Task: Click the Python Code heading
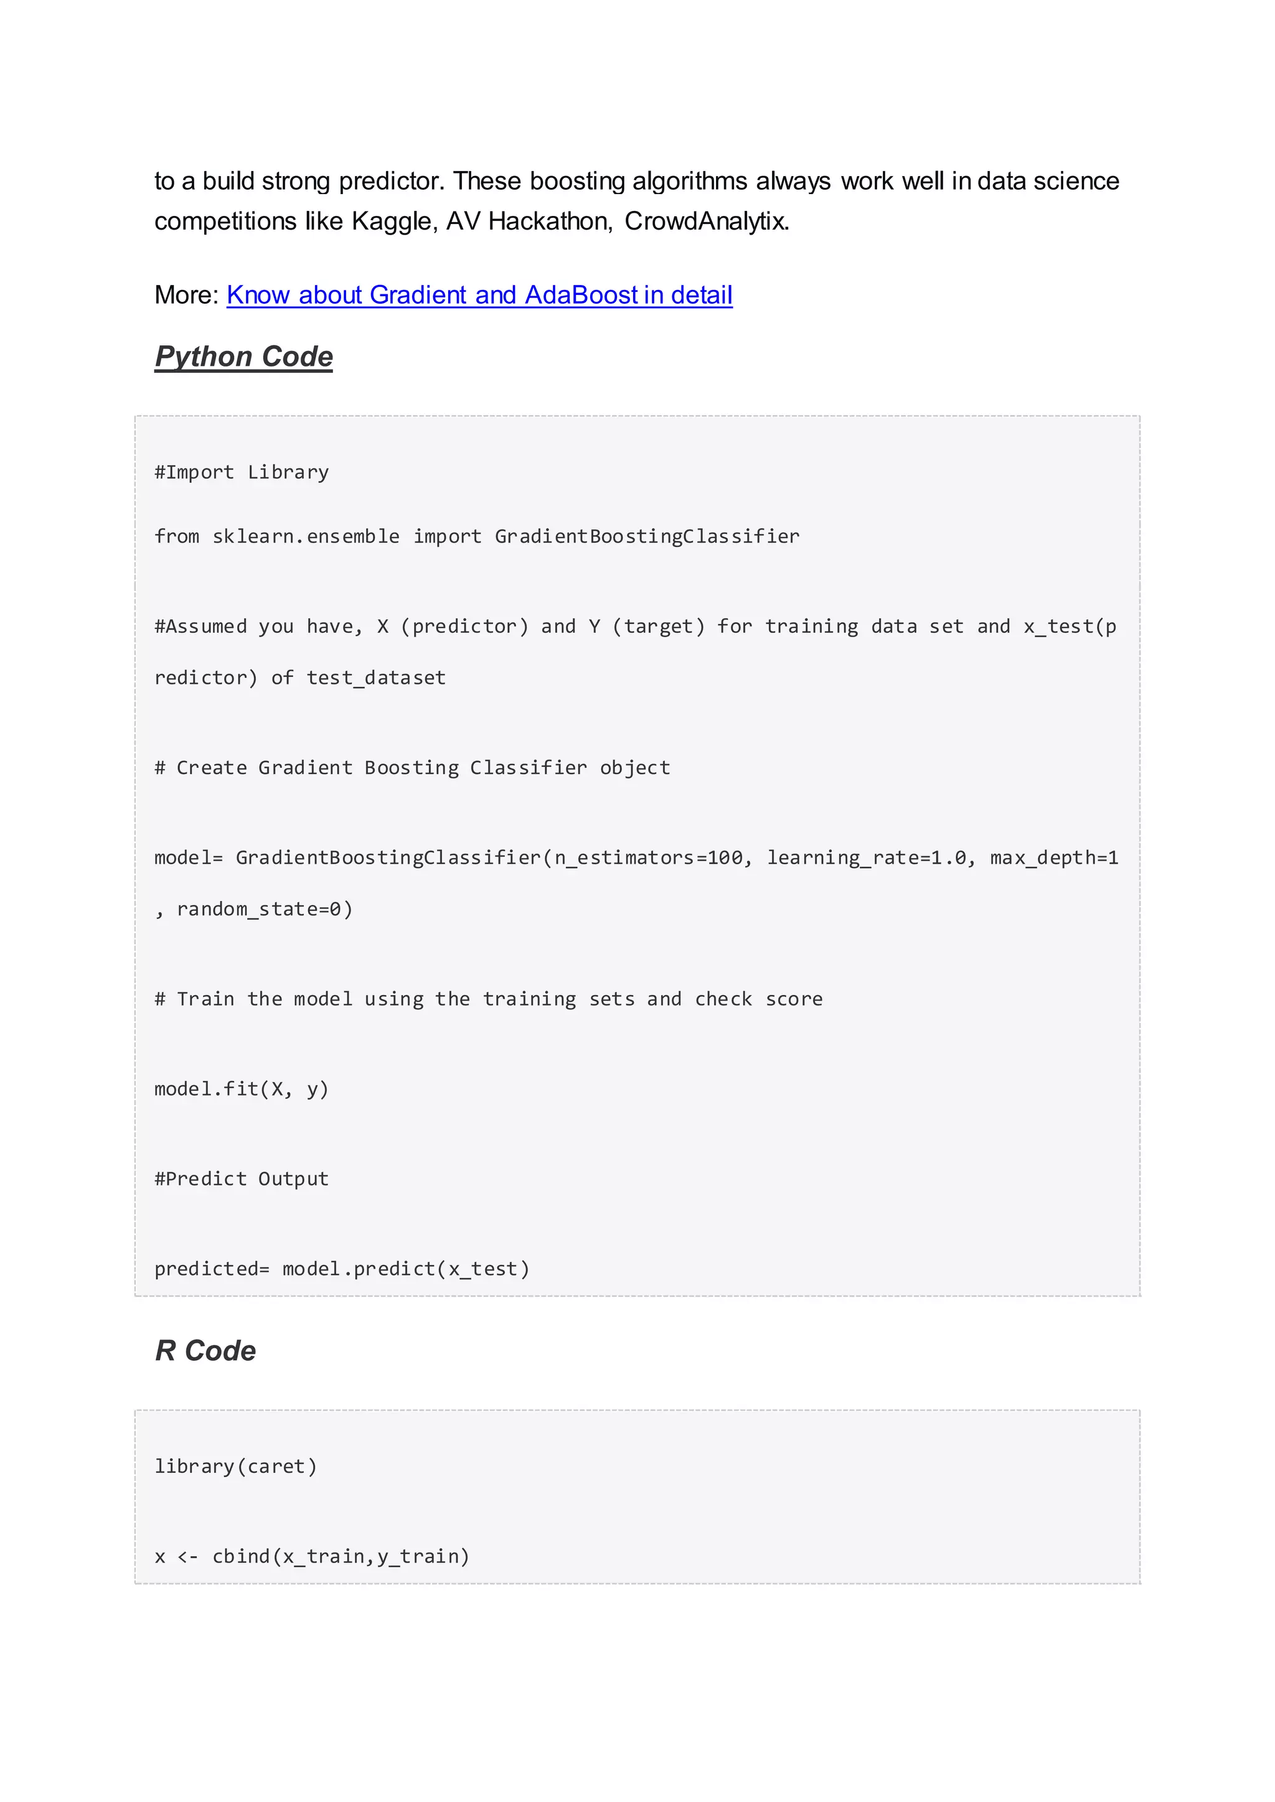pos(243,357)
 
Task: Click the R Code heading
pos(205,1351)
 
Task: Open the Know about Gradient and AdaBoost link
pos(479,295)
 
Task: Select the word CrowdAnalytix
pos(706,222)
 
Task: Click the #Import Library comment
pos(242,472)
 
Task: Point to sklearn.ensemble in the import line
pos(306,537)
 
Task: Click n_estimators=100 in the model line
pos(649,858)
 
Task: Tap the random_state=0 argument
pos(265,910)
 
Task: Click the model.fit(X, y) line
pos(242,1090)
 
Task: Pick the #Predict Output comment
pos(242,1180)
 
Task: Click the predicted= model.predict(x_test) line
pos(342,1269)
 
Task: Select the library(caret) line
pos(235,1467)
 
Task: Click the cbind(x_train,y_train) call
pos(341,1557)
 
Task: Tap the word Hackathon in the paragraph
pos(548,222)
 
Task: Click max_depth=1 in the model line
pos(1053,858)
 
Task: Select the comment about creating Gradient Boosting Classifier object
pos(413,768)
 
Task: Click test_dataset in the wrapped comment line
pos(376,678)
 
